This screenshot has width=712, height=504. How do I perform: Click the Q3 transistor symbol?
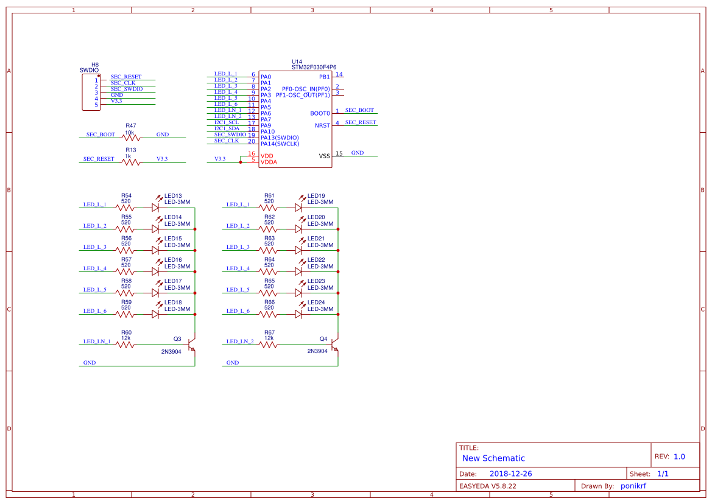coord(192,345)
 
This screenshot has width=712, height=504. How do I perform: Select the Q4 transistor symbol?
coord(336,345)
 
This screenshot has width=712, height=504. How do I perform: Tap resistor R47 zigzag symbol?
coord(130,138)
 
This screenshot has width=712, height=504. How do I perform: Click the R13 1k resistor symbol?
coord(130,162)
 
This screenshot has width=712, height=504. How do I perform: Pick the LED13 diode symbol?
coord(155,208)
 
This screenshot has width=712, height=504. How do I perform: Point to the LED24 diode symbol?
coord(298,314)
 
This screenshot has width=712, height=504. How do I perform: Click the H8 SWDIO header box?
coord(91,93)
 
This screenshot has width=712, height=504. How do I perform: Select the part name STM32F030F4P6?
coord(314,68)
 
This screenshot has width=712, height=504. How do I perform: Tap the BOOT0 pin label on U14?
coord(320,113)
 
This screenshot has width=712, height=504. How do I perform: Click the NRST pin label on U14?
coord(322,125)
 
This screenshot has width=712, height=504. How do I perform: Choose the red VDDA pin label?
coord(269,163)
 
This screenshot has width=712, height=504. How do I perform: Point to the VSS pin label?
coord(325,156)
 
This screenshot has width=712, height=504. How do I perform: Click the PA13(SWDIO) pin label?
coord(280,138)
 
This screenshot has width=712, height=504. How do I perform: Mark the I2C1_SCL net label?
coord(227,122)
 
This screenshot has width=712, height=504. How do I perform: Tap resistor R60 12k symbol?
coord(125,345)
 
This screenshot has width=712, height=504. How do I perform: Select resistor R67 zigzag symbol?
coord(268,345)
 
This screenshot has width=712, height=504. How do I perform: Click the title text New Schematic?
coord(493,458)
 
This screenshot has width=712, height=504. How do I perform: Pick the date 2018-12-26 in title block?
coord(511,474)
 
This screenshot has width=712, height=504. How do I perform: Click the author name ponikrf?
coord(633,486)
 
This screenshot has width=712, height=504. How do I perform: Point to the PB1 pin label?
coord(324,77)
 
